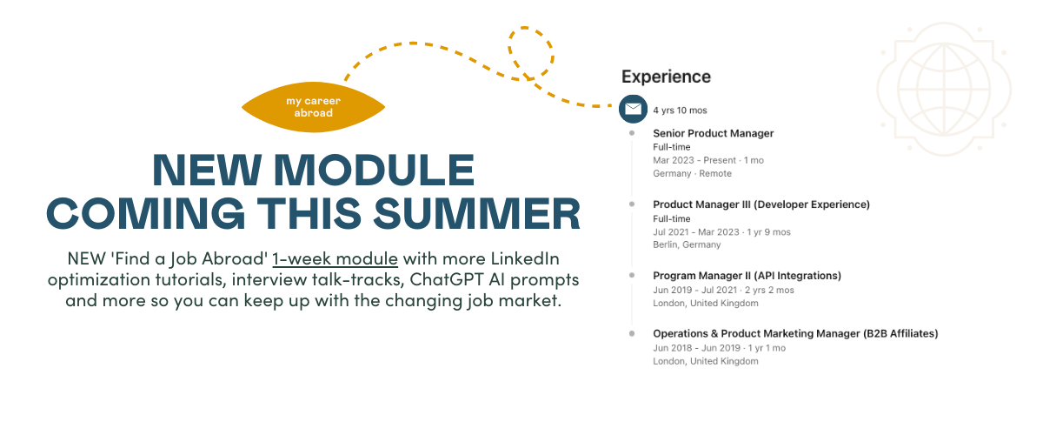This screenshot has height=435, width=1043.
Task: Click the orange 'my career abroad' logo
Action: [x=314, y=107]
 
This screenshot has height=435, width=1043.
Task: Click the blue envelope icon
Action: [x=633, y=109]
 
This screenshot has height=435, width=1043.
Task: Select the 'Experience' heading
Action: [x=666, y=77]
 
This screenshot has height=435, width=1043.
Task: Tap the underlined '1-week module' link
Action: [x=335, y=258]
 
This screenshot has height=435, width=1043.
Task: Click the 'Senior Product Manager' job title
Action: [x=713, y=133]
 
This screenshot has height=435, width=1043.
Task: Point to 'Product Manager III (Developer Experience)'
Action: [x=761, y=204]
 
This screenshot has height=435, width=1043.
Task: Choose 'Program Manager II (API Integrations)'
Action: [x=747, y=276]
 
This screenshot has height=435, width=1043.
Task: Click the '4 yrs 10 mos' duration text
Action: [x=680, y=110]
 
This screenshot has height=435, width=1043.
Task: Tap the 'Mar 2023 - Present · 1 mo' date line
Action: [x=708, y=160]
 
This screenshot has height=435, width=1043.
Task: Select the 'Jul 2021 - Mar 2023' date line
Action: [x=721, y=232]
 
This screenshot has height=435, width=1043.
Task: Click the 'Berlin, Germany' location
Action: [x=687, y=244]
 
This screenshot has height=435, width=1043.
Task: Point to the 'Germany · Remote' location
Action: [x=692, y=173]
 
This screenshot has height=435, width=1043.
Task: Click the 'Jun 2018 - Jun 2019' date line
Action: [x=719, y=348]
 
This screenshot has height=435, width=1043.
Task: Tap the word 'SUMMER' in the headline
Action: [x=477, y=213]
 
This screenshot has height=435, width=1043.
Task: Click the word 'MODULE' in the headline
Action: [x=374, y=170]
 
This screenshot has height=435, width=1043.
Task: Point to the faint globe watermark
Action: [x=944, y=89]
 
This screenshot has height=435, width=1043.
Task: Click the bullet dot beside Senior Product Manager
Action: [x=632, y=133]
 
